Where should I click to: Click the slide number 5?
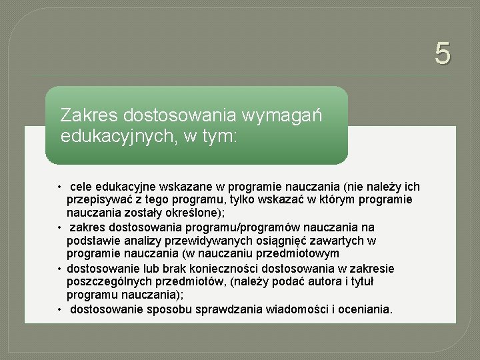[443, 53]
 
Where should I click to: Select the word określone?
[198, 213]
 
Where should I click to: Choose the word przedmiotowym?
[299, 254]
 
